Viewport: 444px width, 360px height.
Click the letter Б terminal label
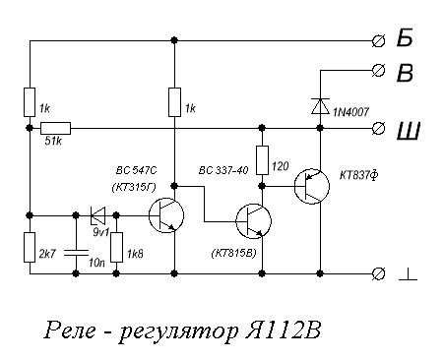coord(406,39)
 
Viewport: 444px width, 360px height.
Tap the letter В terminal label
coord(406,72)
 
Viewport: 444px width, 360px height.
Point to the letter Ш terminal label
coord(406,128)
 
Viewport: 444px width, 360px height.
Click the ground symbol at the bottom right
coord(408,277)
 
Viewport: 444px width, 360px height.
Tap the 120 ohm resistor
coord(263,158)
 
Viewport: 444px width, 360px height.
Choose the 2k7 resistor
coord(30,247)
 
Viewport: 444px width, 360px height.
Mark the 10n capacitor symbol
coord(76,251)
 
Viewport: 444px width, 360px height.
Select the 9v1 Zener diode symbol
coord(97,213)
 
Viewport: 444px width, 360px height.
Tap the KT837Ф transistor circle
coord(315,186)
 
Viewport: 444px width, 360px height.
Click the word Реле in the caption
coord(69,328)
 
